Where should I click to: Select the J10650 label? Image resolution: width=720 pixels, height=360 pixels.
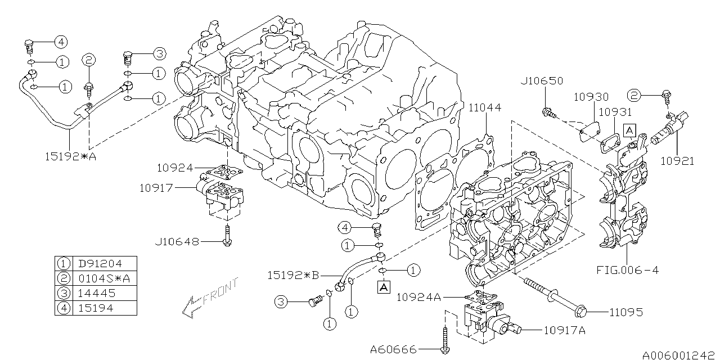(541, 81)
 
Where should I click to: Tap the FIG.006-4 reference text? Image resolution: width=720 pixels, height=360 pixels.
(628, 270)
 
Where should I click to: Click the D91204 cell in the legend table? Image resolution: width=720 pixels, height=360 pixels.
(100, 263)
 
